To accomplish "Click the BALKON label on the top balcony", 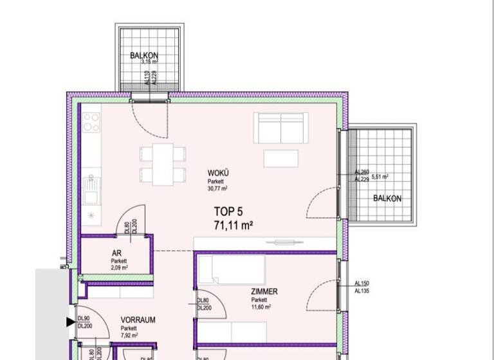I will pos(143,56).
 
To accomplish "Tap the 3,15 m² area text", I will pos(149,62).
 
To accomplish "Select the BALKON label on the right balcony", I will pos(387,199).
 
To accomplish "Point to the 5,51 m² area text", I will pos(380,176).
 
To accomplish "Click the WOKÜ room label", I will pos(218,174).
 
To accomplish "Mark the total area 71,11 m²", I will pos(233,225).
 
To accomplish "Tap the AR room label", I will pos(118,253).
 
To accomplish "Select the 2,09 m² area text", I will pos(118,267).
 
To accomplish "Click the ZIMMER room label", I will pos(264,292).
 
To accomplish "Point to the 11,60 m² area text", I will pos(261,307).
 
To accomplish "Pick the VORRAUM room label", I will pos(138,319).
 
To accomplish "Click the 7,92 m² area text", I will pos(129,335).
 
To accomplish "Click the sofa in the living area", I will pos(280,129).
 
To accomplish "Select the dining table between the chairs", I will pos(163,163).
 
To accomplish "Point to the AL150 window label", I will pos(363,283).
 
